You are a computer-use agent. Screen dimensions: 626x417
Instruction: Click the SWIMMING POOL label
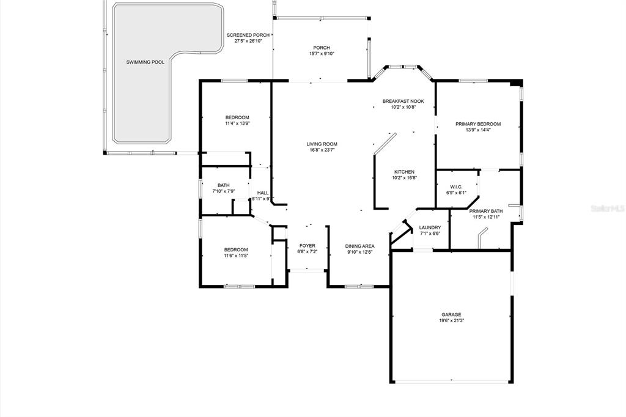[x=145, y=62]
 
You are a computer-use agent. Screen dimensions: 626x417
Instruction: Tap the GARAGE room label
[x=451, y=315]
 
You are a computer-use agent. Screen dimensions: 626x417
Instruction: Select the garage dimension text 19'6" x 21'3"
[x=451, y=320]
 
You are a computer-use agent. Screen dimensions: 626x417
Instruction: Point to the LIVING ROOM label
[x=322, y=144]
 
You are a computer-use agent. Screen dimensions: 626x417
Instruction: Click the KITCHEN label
[x=405, y=172]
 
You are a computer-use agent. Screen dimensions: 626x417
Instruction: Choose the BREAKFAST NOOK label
[x=403, y=101]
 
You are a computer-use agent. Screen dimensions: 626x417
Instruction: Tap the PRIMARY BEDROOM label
[x=478, y=124]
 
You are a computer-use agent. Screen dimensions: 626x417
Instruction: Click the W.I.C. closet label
[x=456, y=187]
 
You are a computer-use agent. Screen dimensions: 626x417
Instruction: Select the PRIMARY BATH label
[x=486, y=212]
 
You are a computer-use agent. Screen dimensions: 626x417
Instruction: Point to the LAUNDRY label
[x=430, y=227]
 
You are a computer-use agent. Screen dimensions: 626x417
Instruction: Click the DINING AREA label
[x=359, y=246]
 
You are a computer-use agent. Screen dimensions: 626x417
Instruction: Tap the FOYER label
[x=307, y=246]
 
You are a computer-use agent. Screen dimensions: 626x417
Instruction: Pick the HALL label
[x=263, y=193]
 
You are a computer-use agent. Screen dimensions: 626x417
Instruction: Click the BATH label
[x=224, y=185]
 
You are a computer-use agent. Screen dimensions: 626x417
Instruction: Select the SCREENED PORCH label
[x=248, y=35]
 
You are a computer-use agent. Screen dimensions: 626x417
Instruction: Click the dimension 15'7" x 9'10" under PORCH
[x=322, y=54]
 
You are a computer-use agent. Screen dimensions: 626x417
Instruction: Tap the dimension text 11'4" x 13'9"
[x=237, y=124]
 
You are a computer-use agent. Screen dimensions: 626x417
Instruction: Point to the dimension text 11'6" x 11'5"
[x=236, y=256]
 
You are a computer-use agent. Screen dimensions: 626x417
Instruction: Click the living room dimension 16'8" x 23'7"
[x=322, y=150]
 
